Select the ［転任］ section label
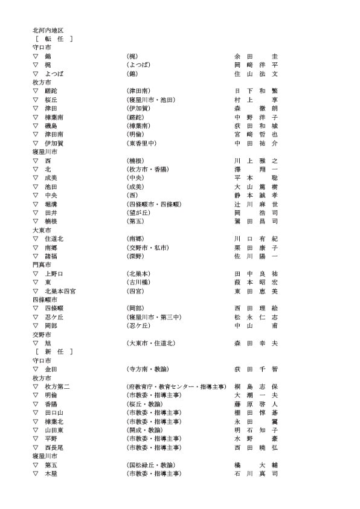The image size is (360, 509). coord(54,39)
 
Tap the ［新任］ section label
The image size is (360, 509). coord(54,351)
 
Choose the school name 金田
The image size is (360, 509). coord(51,369)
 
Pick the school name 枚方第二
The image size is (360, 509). coord(57,386)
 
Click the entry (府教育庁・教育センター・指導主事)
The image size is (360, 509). coord(176,386)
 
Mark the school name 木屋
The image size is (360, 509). coord(51,473)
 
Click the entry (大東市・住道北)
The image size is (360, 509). coord(151,343)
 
